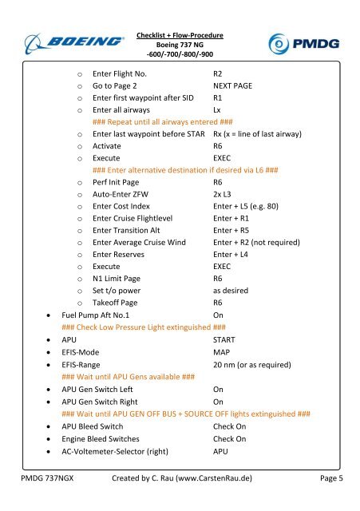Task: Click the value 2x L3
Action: click(x=224, y=195)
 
